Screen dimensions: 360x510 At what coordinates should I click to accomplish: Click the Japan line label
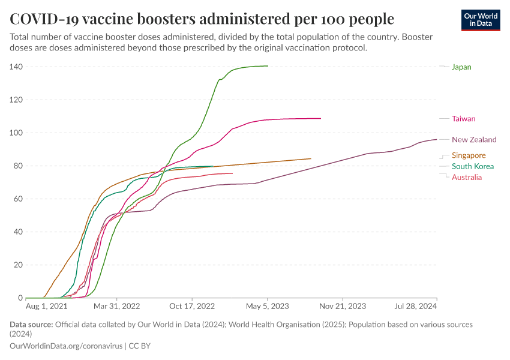pos(461,67)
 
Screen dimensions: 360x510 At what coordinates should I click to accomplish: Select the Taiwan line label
pos(463,119)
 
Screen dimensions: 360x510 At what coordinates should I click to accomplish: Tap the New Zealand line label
pos(474,140)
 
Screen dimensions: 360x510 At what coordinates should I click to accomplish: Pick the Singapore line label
pos(469,155)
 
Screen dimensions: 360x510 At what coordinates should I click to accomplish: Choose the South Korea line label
pos(473,166)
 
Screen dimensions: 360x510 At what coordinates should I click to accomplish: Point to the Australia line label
pos(467,177)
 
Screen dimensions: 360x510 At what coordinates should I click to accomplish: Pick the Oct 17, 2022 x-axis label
pos(192,306)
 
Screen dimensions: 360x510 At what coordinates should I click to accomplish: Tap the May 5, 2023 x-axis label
pos(267,306)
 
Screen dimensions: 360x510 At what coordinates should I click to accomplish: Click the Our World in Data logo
pos(481,20)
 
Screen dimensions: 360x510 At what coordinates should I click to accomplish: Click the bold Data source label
pos(31,325)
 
